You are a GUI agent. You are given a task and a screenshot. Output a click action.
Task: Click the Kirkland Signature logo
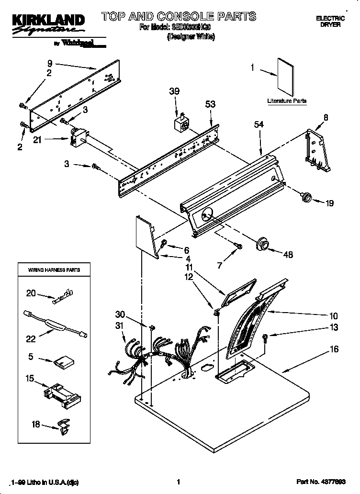coord(47,24)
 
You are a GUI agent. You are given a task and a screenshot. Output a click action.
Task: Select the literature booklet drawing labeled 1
coord(285,77)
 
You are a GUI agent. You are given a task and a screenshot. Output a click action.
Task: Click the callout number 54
coord(259,124)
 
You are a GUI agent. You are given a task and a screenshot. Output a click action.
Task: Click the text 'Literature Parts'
coord(286,101)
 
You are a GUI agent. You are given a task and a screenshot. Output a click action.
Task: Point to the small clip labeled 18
coord(62,425)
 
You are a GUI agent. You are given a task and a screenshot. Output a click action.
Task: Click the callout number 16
coord(334,349)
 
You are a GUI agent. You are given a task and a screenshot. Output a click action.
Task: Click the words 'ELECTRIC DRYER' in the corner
coord(330,21)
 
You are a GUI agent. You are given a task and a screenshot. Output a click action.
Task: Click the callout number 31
coord(119,326)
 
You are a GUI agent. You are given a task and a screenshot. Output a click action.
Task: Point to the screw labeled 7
coord(238,246)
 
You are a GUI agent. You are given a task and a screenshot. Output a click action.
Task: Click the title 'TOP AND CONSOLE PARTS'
coord(178,17)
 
